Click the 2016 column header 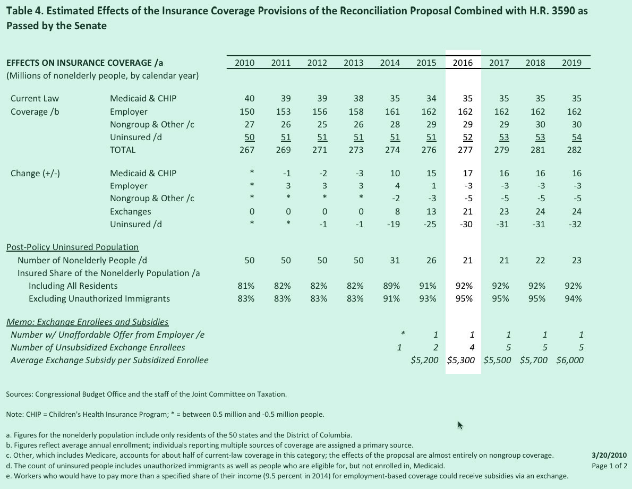[x=463, y=63]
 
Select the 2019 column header [x=571, y=63]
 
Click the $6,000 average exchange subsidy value [x=570, y=361]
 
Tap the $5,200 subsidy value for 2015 [x=425, y=361]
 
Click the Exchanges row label [x=130, y=212]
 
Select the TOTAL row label [x=123, y=150]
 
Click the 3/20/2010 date [x=609, y=456]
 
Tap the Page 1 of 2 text [x=609, y=466]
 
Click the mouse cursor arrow [x=460, y=425]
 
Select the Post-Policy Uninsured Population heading [x=72, y=247]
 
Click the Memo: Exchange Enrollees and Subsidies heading [x=87, y=322]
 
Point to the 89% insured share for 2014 [x=391, y=286]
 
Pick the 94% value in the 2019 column [x=574, y=299]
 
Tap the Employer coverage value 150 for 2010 [x=247, y=112]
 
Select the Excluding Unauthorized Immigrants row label [x=99, y=299]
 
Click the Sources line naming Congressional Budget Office [x=147, y=394]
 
